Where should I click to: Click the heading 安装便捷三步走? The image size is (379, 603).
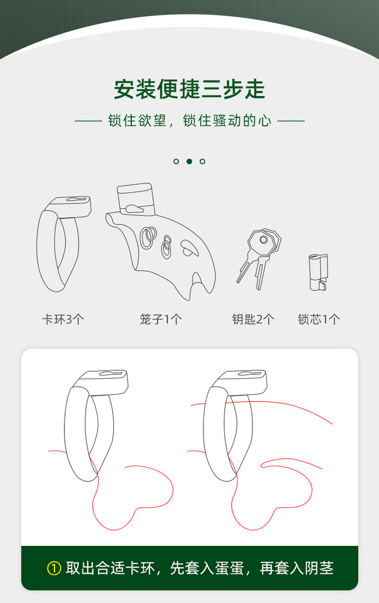pyautogui.click(x=189, y=89)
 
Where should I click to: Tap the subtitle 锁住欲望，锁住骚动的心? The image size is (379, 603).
pyautogui.click(x=189, y=120)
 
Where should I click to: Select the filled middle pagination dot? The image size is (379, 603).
pyautogui.click(x=189, y=161)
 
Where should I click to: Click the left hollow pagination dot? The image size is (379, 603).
pyautogui.click(x=176, y=161)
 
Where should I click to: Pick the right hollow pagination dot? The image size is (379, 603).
pyautogui.click(x=202, y=161)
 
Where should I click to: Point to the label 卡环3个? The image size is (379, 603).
pyautogui.click(x=63, y=319)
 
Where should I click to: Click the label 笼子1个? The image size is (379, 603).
pyautogui.click(x=160, y=319)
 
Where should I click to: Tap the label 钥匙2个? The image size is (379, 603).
pyautogui.click(x=253, y=319)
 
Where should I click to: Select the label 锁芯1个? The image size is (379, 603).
pyautogui.click(x=319, y=319)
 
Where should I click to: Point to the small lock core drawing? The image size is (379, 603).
pyautogui.click(x=318, y=272)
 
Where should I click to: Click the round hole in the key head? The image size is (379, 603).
pyautogui.click(x=263, y=239)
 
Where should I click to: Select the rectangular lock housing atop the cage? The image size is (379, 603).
pyautogui.click(x=136, y=199)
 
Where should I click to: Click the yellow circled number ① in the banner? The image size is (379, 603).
pyautogui.click(x=54, y=568)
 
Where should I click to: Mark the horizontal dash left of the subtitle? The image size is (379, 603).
pyautogui.click(x=88, y=120)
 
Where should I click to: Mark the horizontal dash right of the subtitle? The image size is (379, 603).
pyautogui.click(x=291, y=120)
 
